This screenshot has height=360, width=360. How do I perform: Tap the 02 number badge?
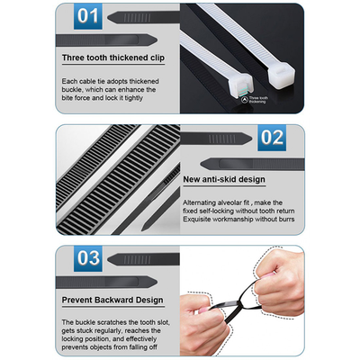coord(272,139)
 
